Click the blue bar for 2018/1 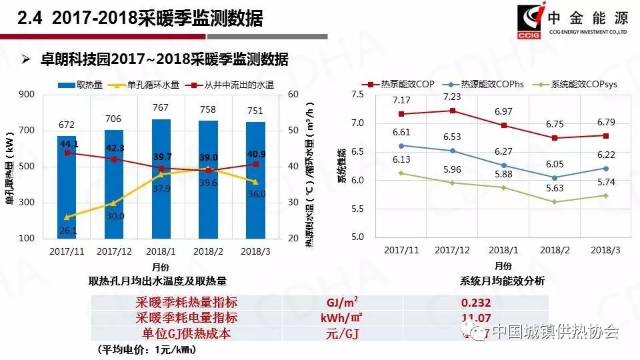[161, 200]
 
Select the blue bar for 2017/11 [67, 200]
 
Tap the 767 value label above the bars [161, 108]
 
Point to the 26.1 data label [68, 231]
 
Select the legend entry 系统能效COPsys [575, 84]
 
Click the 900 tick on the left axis [27, 95]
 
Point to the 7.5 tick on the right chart [358, 95]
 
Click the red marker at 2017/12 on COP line [453, 111]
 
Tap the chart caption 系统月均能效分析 [502, 281]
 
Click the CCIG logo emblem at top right [531, 21]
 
